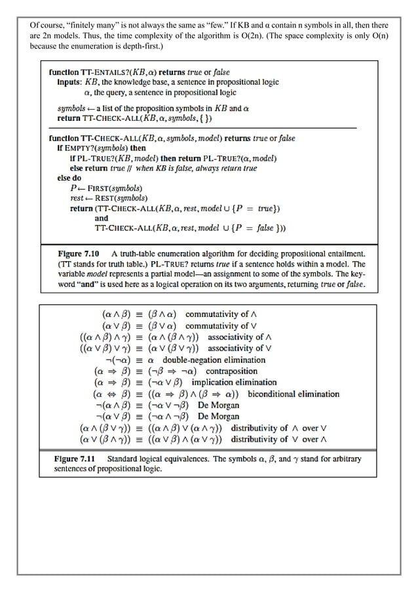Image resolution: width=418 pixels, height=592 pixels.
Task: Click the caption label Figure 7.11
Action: coord(77,459)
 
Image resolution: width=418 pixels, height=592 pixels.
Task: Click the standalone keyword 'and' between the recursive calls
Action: coord(102,219)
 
